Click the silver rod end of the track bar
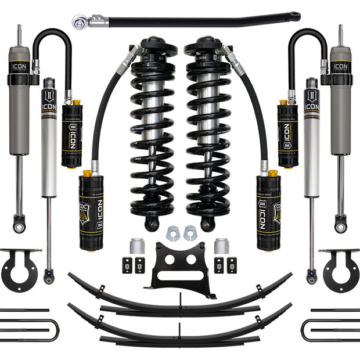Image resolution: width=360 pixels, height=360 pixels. pyautogui.click(x=80, y=23)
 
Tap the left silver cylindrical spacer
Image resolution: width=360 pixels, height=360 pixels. pyautogui.click(x=138, y=246)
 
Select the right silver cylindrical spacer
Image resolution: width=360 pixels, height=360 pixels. pyautogui.click(x=221, y=246)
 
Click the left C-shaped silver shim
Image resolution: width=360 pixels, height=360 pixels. pyautogui.click(x=172, y=233)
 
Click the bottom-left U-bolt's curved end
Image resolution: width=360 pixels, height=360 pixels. pyautogui.click(x=56, y=330)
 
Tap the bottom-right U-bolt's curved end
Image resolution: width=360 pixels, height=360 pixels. pyautogui.click(x=304, y=330)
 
